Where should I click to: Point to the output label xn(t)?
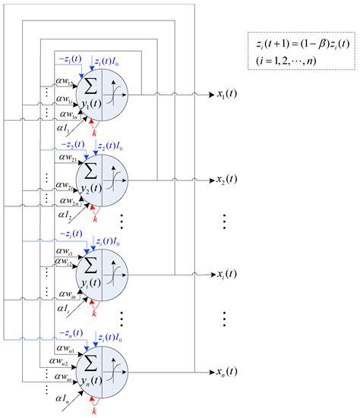227,372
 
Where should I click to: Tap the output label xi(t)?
226,274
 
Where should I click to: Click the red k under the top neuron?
95,132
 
